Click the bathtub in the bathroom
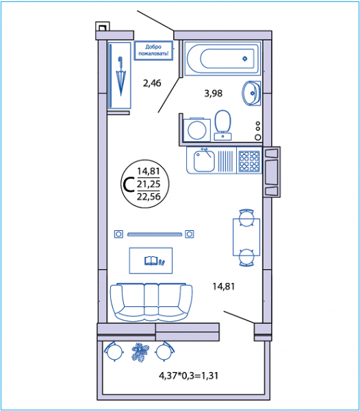tap(222, 58)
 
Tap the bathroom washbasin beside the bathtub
tap(250, 93)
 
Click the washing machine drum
tap(197, 130)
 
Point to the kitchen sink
tap(204, 160)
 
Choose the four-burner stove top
tap(249, 160)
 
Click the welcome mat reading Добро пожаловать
tap(153, 50)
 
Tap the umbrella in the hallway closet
tap(120, 76)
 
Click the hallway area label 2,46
tap(152, 84)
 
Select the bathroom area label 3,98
tap(213, 93)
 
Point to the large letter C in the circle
tap(129, 184)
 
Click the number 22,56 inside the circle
tap(149, 197)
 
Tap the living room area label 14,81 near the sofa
tap(223, 286)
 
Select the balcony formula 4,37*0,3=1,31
tap(188, 375)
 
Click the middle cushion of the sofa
tap(151, 299)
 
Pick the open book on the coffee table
tap(151, 260)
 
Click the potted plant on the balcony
tap(140, 352)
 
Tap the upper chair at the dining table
tap(246, 217)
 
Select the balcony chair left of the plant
tap(114, 351)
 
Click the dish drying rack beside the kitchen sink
tap(225, 161)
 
